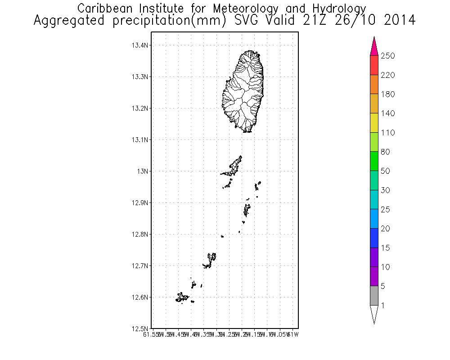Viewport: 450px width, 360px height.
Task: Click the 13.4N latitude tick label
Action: (140, 45)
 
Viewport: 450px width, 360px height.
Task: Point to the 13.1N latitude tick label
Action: (140, 140)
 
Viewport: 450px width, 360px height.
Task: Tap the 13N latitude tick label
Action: (143, 171)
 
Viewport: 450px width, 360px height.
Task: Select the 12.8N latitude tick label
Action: (140, 234)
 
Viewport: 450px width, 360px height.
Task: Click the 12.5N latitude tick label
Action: (140, 328)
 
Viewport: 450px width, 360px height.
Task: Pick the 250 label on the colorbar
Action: (388, 56)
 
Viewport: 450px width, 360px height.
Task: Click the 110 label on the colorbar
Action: (388, 133)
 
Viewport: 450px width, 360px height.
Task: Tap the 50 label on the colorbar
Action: (386, 171)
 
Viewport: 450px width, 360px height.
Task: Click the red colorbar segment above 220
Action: (374, 65)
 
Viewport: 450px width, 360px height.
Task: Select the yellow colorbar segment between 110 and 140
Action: (374, 123)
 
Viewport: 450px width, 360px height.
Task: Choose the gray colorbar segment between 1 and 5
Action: (374, 296)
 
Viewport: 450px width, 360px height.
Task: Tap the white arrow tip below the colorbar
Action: (374, 314)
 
